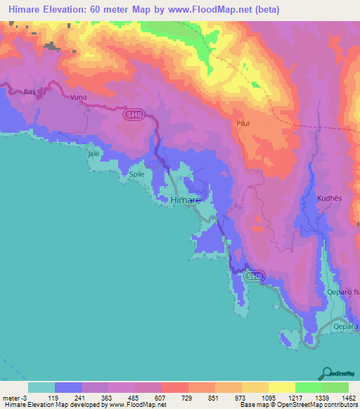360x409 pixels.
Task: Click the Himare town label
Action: [186, 200]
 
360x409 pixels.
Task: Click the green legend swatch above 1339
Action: [308, 387]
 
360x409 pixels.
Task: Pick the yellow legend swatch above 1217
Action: [281, 387]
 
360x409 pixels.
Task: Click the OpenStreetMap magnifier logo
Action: [326, 372]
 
